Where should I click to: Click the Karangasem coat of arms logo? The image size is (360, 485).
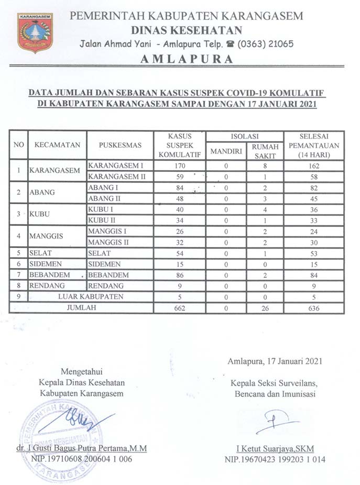35,33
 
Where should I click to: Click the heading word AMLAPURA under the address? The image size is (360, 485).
187,59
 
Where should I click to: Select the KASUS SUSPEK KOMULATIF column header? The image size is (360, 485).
180,145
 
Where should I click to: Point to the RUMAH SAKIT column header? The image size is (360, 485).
265,150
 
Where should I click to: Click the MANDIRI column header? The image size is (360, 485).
226,151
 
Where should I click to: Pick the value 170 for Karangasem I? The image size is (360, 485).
180,166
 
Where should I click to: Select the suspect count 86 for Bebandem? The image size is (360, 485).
180,274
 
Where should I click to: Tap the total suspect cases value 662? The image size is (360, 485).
180,308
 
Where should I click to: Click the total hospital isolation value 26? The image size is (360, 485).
265,308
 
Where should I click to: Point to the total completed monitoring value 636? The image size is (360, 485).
314,308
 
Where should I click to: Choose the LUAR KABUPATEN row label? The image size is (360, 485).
91,297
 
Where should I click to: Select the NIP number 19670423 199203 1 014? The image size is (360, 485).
275,459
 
